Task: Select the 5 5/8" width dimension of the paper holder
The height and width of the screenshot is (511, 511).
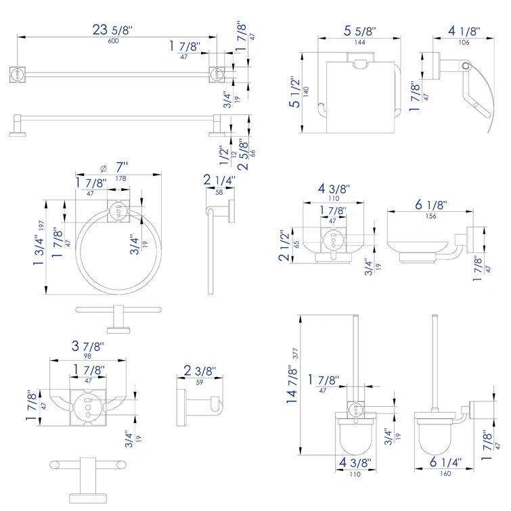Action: click(x=359, y=32)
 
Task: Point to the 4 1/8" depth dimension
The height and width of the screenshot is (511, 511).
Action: click(x=464, y=32)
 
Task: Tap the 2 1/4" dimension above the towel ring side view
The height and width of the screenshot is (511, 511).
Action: click(x=219, y=181)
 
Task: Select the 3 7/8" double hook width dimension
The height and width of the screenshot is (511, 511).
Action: click(x=88, y=347)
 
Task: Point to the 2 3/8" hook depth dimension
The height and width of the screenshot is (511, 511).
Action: click(x=200, y=372)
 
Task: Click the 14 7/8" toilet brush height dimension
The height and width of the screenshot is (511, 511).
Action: click(x=292, y=384)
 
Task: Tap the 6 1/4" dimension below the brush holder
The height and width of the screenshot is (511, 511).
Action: click(x=445, y=463)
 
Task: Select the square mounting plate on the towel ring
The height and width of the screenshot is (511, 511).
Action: click(x=118, y=212)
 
